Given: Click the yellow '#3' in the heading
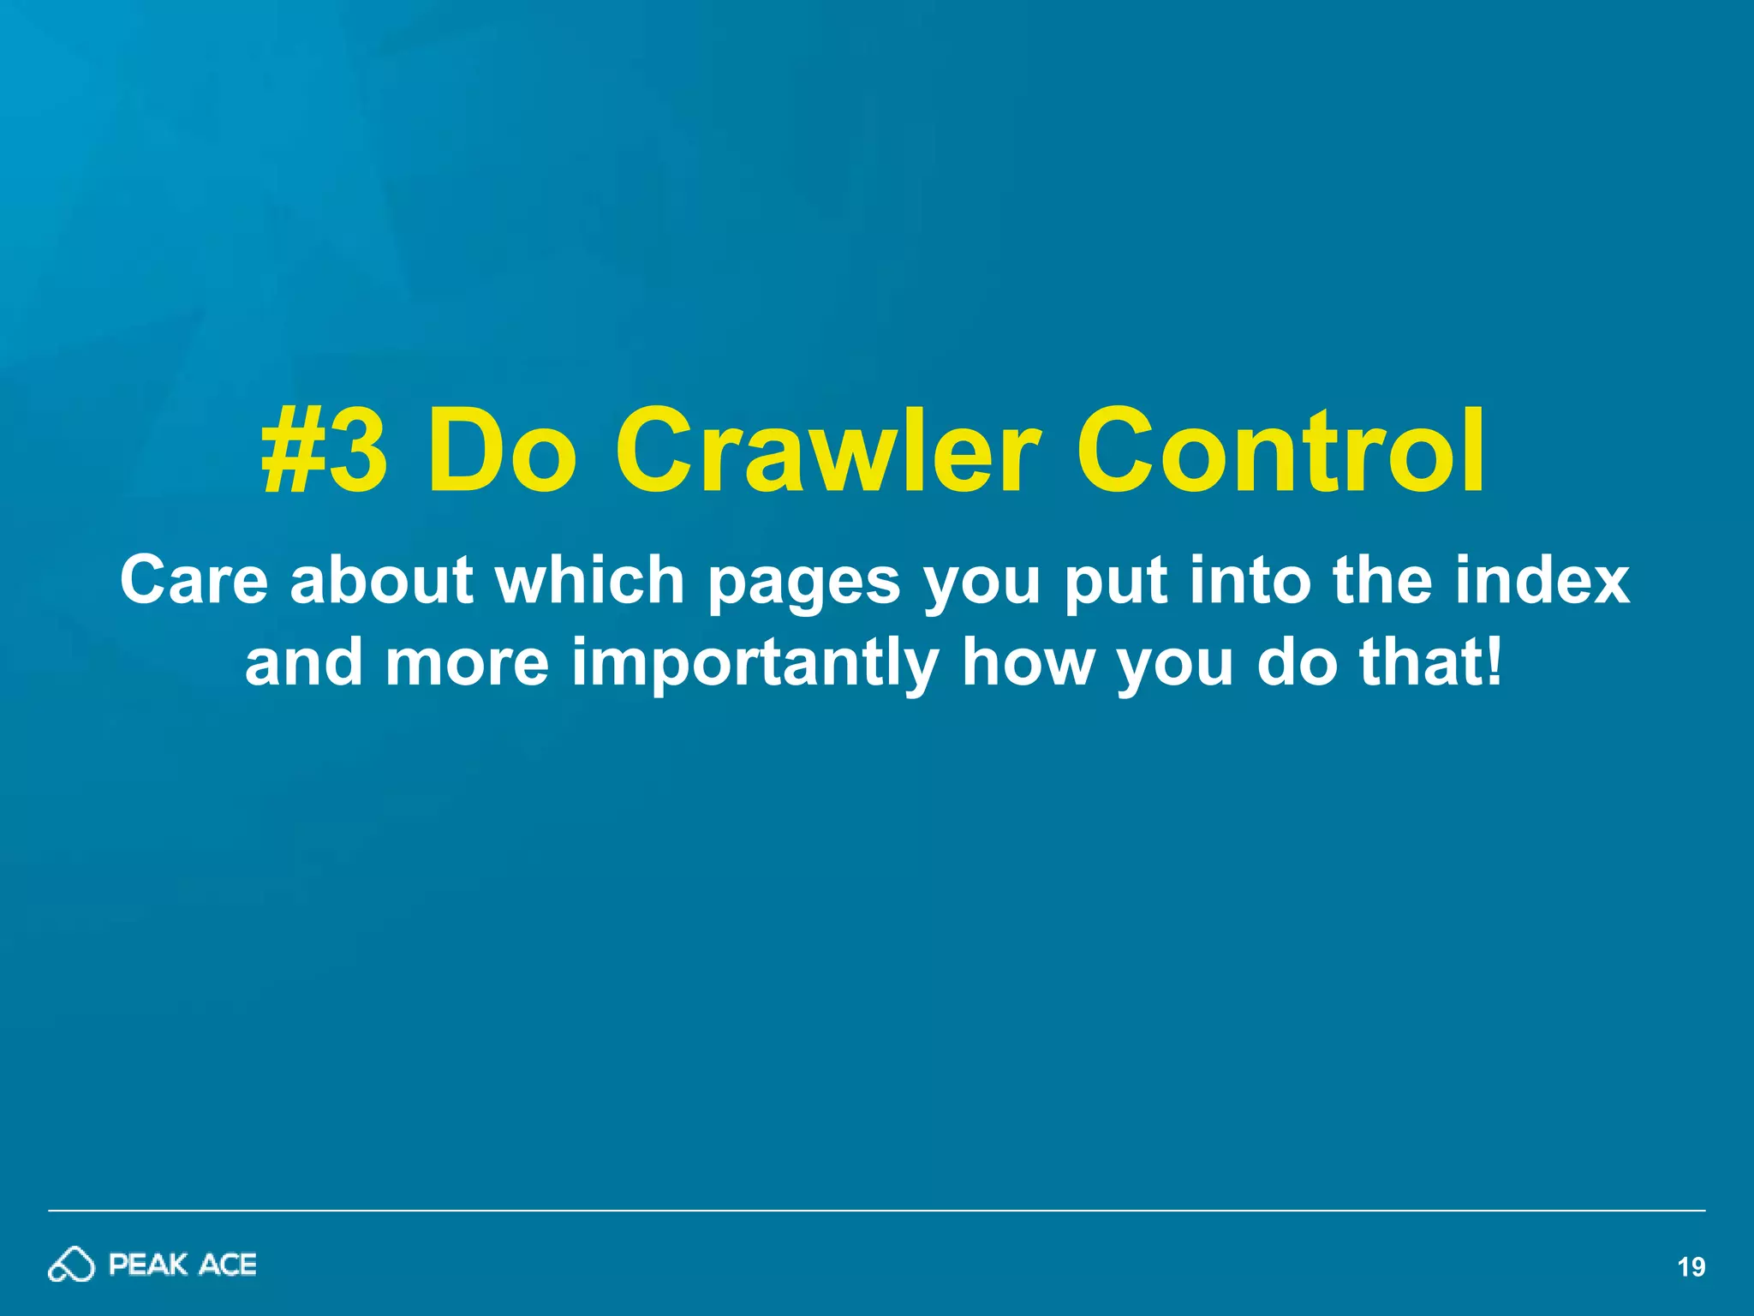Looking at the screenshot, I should (x=324, y=452).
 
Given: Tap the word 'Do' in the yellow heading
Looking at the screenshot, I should (x=501, y=452).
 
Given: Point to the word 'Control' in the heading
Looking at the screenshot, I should (x=1280, y=452).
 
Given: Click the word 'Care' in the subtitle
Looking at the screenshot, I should (x=194, y=581).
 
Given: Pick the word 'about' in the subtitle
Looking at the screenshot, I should (x=381, y=581).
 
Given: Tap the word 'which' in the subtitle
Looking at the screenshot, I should (x=590, y=581).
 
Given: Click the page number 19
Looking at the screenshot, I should (x=1691, y=1267).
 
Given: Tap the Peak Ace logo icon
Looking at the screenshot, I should (x=70, y=1265).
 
